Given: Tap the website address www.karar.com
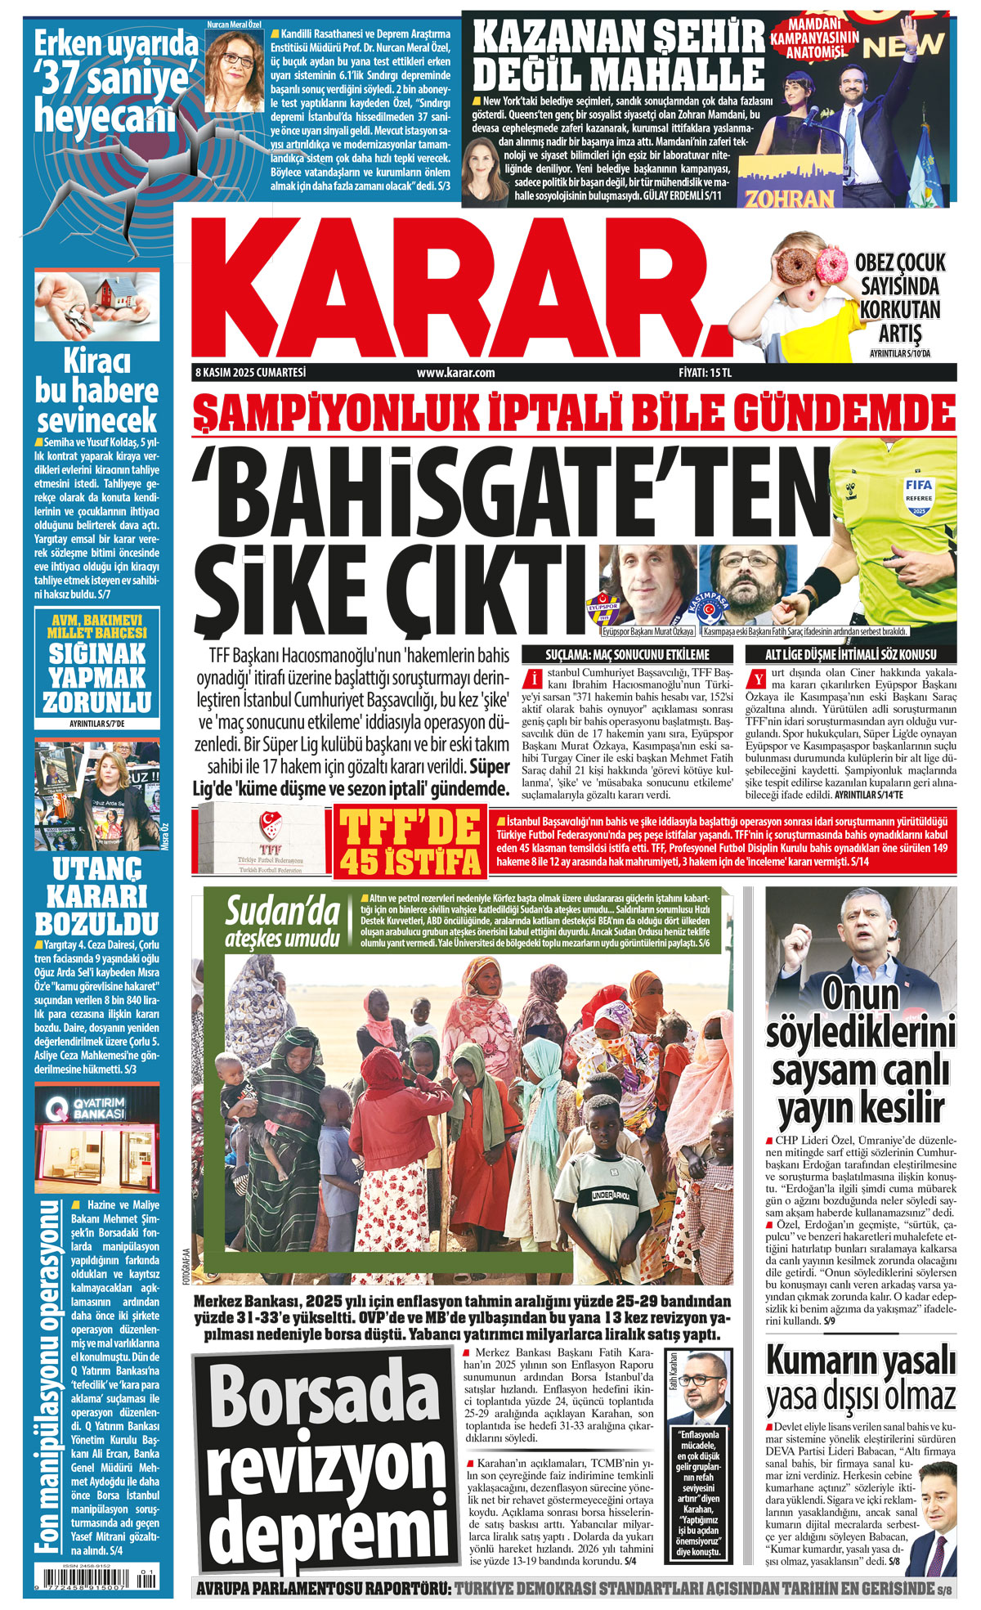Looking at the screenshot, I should pos(455,373).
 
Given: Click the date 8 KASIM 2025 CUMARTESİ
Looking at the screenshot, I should pos(250,372).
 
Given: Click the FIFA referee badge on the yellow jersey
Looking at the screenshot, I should pos(918,496).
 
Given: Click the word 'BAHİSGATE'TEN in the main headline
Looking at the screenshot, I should pos(499,490).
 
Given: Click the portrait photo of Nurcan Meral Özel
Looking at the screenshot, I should pos(234,69).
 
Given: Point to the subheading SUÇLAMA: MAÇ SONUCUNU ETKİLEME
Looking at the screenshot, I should pos(627,654).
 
